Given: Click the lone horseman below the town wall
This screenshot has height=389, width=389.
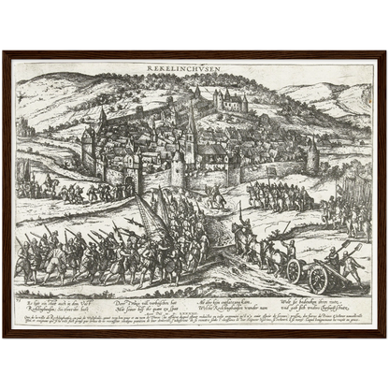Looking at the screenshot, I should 217,196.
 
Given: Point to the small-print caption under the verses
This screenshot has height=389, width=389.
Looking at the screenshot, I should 194,322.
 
